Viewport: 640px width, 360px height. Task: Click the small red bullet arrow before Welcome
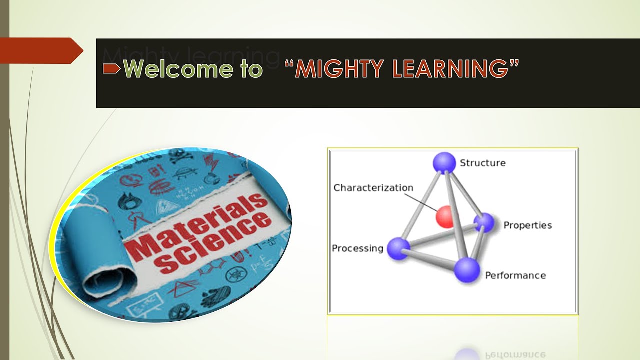[111, 69]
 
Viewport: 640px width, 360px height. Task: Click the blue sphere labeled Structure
[444, 163]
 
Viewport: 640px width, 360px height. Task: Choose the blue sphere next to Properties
[484, 223]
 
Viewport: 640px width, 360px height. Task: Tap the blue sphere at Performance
[467, 270]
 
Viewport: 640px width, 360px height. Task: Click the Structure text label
[482, 163]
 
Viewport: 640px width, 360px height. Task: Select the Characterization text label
[373, 188]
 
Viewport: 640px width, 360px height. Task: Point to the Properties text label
[527, 225]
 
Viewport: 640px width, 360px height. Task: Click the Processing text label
[357, 248]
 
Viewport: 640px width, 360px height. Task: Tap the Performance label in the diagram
[515, 275]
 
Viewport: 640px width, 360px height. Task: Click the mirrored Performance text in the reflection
[515, 354]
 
